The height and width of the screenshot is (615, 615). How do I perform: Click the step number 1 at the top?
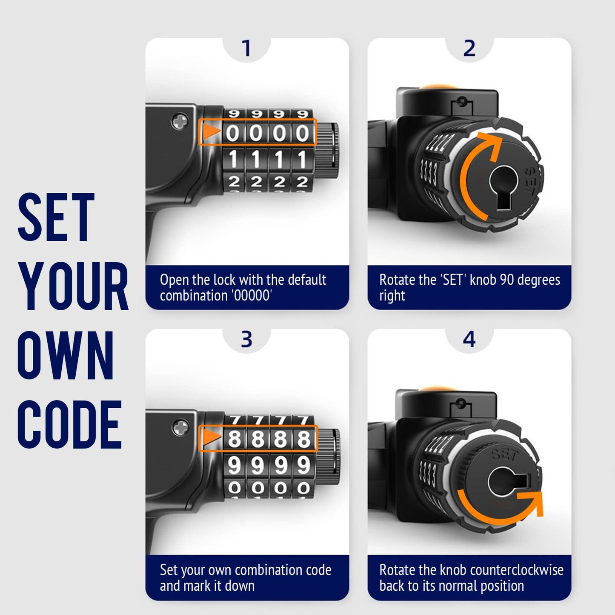[x=246, y=48]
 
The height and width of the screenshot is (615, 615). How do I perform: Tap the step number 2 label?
[x=469, y=48]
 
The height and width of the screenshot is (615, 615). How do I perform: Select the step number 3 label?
[x=246, y=339]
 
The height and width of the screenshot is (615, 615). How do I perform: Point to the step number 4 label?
[x=469, y=339]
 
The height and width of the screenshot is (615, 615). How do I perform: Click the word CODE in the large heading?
[x=69, y=425]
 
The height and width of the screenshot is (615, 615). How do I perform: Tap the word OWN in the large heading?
[x=66, y=355]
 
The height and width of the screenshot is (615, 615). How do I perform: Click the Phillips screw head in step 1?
[x=180, y=121]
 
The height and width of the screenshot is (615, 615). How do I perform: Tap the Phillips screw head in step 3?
[x=180, y=428]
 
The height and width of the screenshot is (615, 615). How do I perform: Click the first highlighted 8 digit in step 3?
[x=234, y=439]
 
